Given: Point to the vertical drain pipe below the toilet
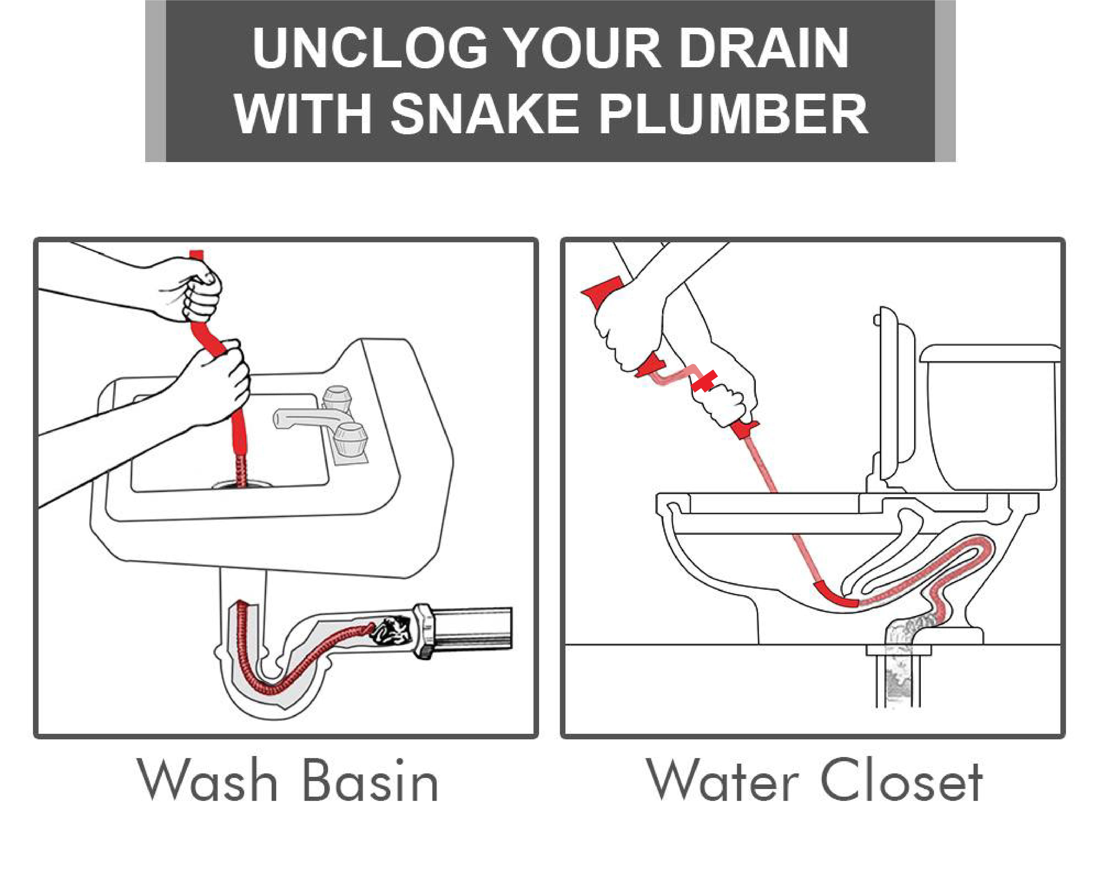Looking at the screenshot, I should tap(898, 679).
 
